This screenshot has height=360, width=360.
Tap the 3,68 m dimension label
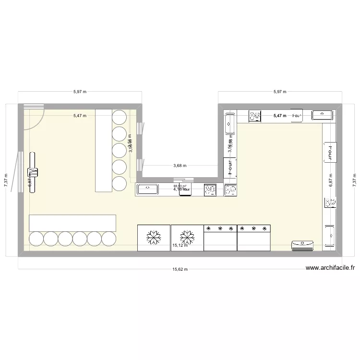180,166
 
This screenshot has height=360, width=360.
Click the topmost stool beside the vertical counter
120,117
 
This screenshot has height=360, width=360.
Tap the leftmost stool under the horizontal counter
37,239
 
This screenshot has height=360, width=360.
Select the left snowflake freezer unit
154,237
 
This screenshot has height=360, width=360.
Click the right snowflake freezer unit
187,237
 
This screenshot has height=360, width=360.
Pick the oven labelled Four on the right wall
329,153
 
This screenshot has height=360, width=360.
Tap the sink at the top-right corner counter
322,115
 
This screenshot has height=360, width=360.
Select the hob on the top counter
254,116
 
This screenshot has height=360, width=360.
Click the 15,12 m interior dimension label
180,245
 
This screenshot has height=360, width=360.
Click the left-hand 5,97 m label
80,91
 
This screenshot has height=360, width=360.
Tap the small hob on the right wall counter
330,203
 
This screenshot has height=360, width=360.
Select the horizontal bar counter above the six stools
72,223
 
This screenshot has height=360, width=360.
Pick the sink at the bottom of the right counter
330,235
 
